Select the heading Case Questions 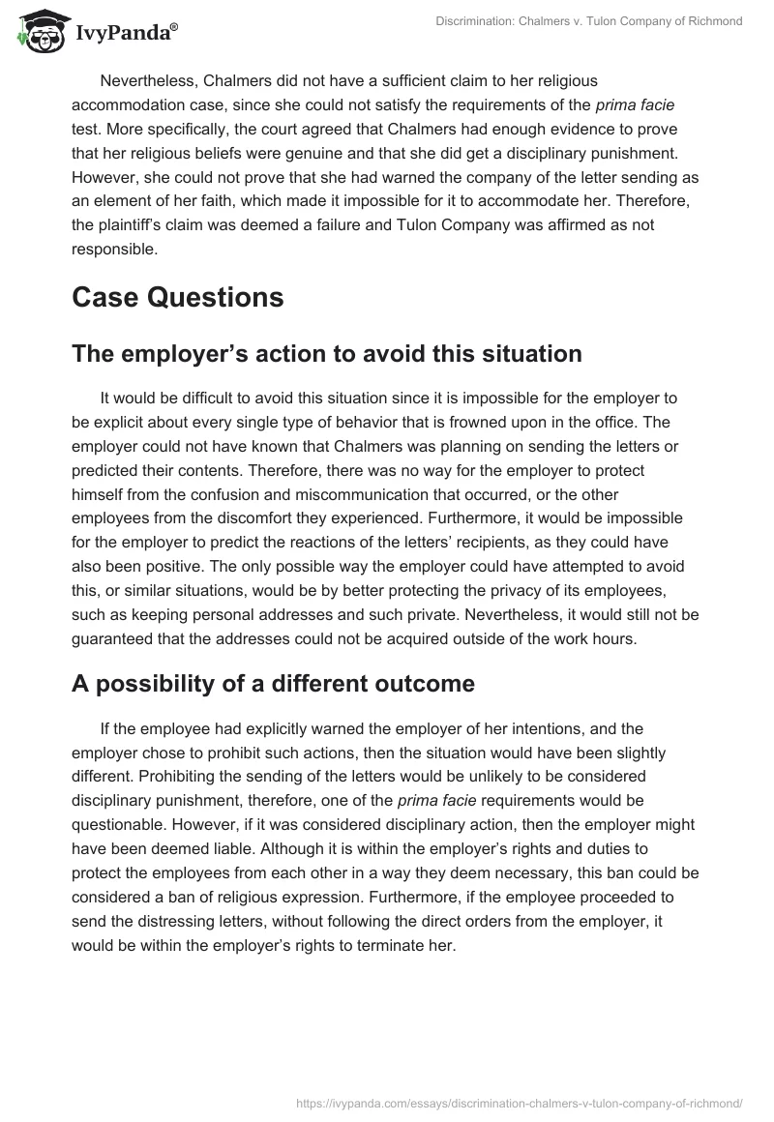(177, 297)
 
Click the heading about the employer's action (326, 354)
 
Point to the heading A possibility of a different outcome (273, 684)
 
